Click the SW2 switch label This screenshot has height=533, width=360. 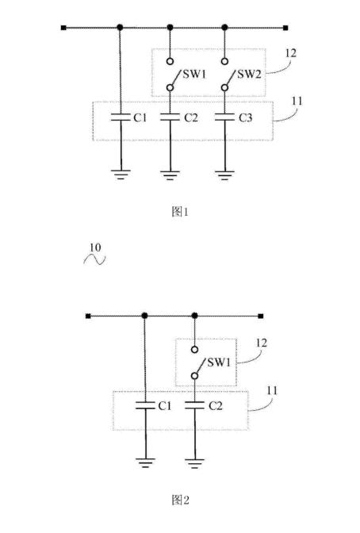pos(250,74)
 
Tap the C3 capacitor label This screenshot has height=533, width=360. pos(246,117)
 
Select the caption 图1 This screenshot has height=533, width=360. pos(180,212)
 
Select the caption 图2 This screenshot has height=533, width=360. pos(181,500)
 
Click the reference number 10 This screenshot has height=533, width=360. pos(95,247)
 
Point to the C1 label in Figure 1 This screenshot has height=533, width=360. pos(140,117)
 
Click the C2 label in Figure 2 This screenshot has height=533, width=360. pos(216,406)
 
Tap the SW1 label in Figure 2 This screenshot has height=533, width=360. pos(219,362)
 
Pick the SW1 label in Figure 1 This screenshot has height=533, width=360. pos(194,74)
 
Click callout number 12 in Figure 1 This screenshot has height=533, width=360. pos(291,53)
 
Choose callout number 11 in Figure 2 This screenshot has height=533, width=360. pos(272,390)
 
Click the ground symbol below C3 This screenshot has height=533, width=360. pos(224,174)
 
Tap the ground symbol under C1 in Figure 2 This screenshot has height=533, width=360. pos(145,463)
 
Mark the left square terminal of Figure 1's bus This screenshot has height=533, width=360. pos(63,28)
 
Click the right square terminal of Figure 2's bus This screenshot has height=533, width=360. pos(261,316)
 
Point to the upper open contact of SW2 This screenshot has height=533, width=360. pos(224,62)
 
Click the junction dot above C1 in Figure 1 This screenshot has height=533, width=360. pos(120,28)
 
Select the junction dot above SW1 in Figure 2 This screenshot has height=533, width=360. pos(194,316)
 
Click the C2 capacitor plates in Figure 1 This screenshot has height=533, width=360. pos(170,117)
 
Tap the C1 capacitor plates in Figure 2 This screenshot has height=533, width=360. pos(145,405)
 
